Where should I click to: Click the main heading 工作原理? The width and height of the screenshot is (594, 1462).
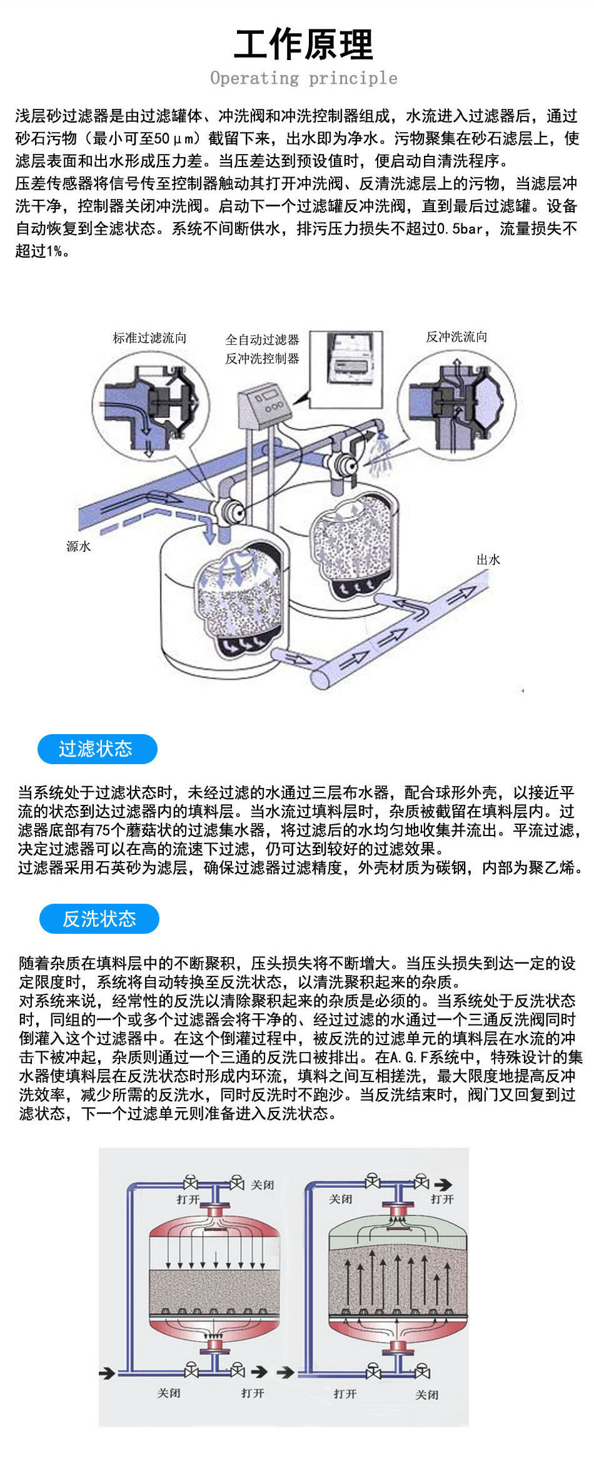pyautogui.click(x=304, y=45)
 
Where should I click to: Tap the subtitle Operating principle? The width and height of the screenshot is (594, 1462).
pyautogui.click(x=304, y=78)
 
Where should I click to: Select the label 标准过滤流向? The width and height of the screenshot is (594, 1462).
pyautogui.click(x=149, y=338)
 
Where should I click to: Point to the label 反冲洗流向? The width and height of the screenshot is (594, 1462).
pyautogui.click(x=456, y=337)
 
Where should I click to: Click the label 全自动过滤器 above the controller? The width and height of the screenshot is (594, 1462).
pyautogui.click(x=262, y=340)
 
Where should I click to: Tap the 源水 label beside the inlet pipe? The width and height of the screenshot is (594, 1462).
pyautogui.click(x=79, y=546)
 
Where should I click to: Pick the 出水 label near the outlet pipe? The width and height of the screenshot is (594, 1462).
pyautogui.click(x=488, y=560)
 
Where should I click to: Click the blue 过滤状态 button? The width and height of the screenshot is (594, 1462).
pyautogui.click(x=97, y=749)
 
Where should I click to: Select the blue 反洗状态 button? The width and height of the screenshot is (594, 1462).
pyautogui.click(x=99, y=919)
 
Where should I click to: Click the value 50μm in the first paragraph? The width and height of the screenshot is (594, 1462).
pyautogui.click(x=177, y=139)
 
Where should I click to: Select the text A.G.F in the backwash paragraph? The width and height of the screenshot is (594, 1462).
pyautogui.click(x=407, y=1058)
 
